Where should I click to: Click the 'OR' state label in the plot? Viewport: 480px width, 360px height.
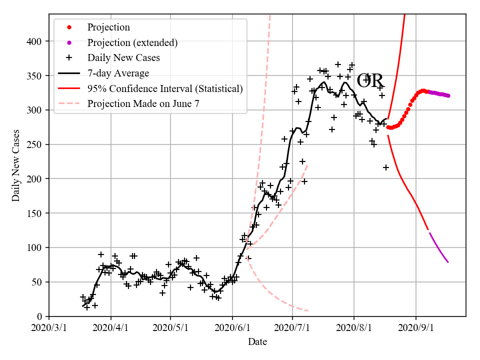[370, 80]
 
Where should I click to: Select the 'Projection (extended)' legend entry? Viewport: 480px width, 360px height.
[132, 42]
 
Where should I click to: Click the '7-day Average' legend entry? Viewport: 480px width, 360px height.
[118, 73]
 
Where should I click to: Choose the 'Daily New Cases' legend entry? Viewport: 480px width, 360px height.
[123, 58]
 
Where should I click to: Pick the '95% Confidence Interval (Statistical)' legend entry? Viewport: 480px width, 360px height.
[165, 88]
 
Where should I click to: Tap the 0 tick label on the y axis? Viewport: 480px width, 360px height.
[41, 316]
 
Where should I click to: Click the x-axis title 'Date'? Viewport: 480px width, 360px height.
[257, 342]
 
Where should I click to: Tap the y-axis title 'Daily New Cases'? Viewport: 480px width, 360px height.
[16, 165]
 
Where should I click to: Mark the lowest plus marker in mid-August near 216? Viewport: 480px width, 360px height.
[386, 167]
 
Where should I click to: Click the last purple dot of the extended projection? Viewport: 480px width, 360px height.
[448, 95]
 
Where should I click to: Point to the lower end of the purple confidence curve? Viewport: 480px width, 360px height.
[448, 262]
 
